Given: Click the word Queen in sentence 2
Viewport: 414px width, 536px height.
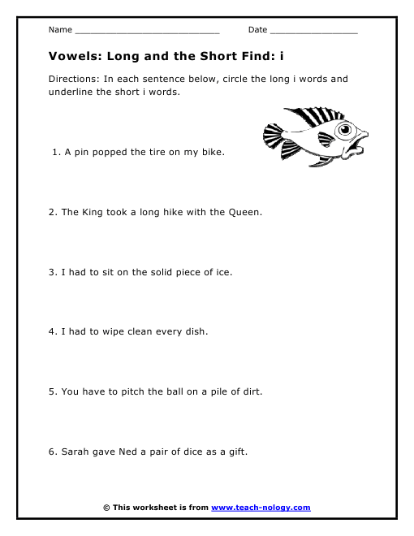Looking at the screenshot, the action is click(x=245, y=212).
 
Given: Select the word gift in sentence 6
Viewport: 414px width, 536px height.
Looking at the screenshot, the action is click(x=235, y=452).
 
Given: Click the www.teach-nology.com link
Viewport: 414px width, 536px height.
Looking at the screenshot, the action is click(x=261, y=508).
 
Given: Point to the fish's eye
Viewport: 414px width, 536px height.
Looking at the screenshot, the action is click(x=347, y=130).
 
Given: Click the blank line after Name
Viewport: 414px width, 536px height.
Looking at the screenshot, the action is click(x=147, y=31).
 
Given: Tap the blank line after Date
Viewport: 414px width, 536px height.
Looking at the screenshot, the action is click(x=313, y=31).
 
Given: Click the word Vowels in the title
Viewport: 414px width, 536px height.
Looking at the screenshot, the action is click(x=72, y=58).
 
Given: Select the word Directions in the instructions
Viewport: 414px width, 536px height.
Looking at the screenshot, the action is click(x=72, y=79).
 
